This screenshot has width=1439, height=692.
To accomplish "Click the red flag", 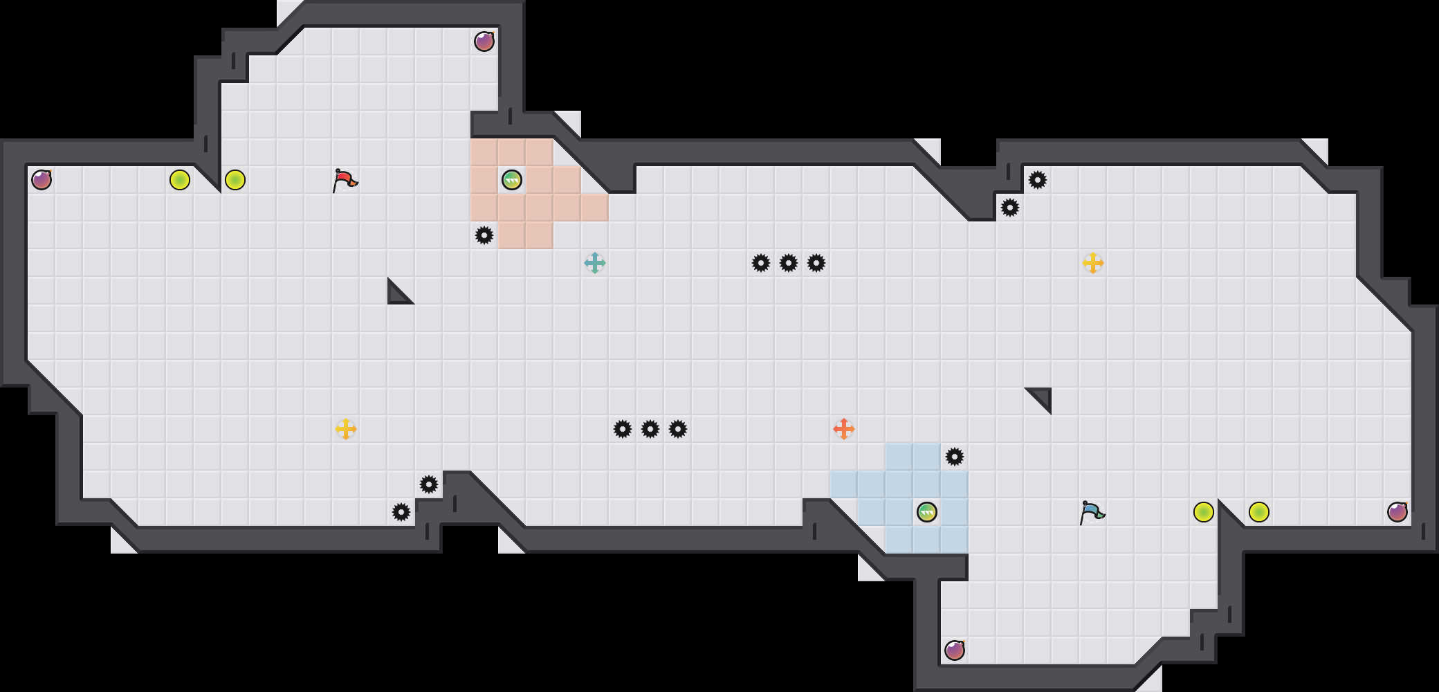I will [x=345, y=180].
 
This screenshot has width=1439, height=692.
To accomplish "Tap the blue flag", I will [x=1092, y=512].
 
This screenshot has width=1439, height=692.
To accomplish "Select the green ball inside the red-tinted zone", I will [x=512, y=180].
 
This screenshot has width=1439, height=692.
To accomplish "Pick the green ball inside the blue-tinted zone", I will [x=927, y=512].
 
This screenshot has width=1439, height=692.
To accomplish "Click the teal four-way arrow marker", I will [x=595, y=263].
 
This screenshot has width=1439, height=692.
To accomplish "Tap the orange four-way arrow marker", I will [x=844, y=429].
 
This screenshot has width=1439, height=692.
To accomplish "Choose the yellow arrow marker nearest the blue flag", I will [x=1093, y=263].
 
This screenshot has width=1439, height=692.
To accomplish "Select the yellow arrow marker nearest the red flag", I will [x=346, y=429].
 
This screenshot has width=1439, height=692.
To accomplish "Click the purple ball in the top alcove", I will [x=484, y=42].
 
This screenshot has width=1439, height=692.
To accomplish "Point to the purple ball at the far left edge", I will [x=42, y=180].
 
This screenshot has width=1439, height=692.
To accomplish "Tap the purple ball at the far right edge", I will [x=1397, y=512].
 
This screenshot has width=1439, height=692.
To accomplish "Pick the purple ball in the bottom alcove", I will [x=955, y=650].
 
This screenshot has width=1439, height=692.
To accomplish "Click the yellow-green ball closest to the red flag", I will [x=235, y=180].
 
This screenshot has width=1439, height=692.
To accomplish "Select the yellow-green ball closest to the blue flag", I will [x=1204, y=512].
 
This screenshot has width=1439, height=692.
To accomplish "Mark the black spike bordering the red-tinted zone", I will [x=484, y=235].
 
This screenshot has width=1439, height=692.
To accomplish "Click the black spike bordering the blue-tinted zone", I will [x=955, y=457].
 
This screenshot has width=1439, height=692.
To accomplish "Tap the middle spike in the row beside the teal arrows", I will [x=789, y=263].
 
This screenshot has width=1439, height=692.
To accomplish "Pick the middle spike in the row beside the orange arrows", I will [x=650, y=429].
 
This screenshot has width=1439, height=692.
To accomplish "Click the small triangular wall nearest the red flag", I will [x=396, y=295].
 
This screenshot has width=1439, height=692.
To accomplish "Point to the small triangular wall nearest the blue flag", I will [x=1043, y=397].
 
